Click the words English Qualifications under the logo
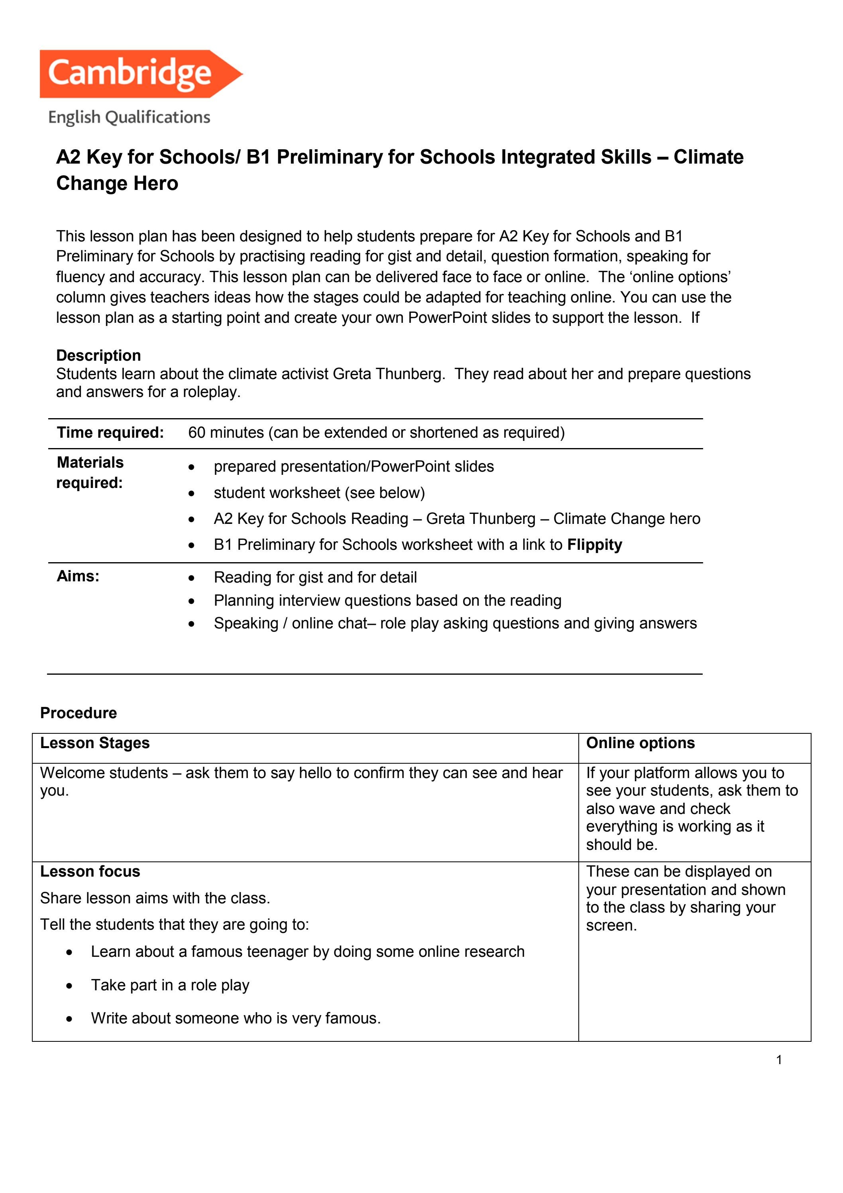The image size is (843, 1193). click(129, 117)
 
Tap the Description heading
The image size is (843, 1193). click(98, 356)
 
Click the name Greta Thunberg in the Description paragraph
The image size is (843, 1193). click(388, 374)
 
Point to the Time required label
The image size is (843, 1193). click(110, 432)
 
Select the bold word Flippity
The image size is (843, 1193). click(594, 545)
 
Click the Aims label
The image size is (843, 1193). click(78, 576)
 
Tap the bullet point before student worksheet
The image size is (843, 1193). click(192, 493)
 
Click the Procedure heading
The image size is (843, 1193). click(79, 713)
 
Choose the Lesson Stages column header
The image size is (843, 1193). click(94, 743)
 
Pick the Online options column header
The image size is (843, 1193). click(640, 743)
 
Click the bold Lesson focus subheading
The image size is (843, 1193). click(90, 871)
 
